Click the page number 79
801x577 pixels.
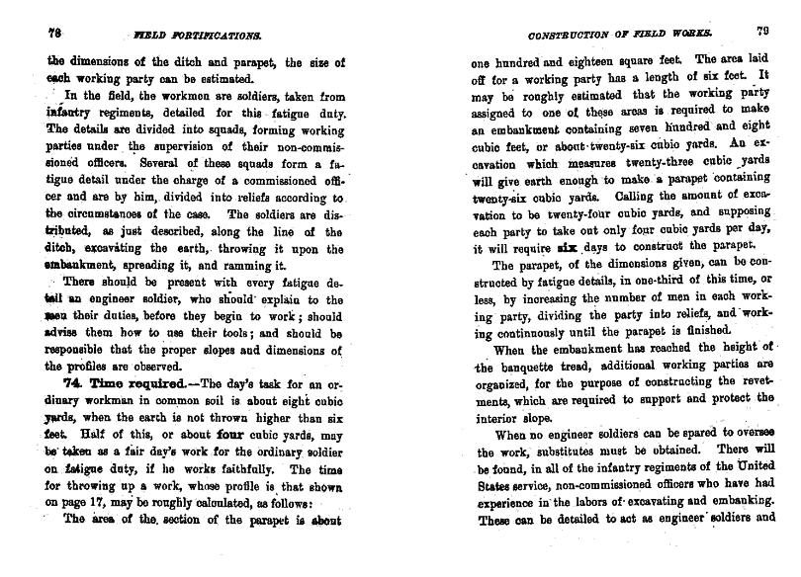pos(762,31)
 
